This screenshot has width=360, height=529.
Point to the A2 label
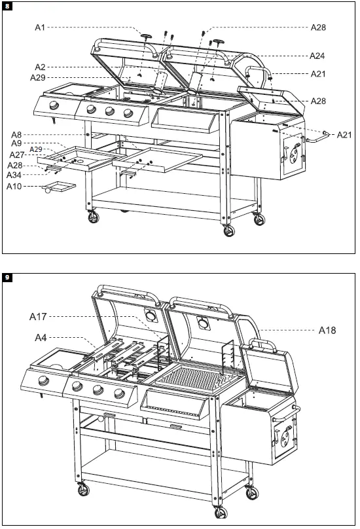click(x=40, y=67)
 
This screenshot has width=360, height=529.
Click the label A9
click(x=18, y=143)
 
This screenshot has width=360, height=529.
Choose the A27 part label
click(x=17, y=155)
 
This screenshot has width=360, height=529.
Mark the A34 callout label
click(x=15, y=175)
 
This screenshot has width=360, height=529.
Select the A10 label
click(x=15, y=187)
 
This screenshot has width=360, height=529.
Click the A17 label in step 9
click(x=39, y=316)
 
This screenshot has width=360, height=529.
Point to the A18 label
click(x=327, y=331)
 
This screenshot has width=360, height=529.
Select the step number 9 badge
click(x=7, y=278)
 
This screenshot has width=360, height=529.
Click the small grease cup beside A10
click(x=58, y=190)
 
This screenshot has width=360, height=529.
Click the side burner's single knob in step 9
click(x=43, y=383)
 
